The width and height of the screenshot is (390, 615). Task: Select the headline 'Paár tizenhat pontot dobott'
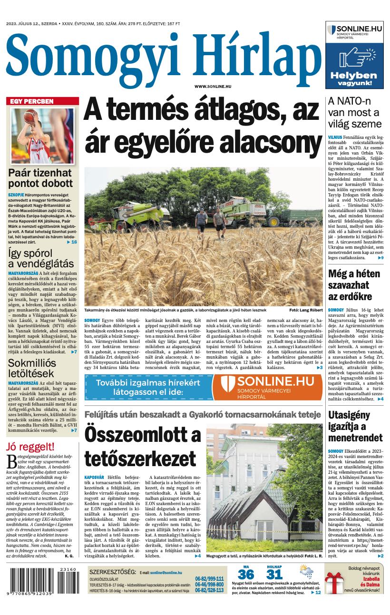coord(40,178)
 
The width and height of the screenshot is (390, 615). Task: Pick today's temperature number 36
coord(246,575)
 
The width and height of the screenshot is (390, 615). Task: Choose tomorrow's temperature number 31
coord(274,575)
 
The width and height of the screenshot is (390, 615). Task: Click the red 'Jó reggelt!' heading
coord(30,447)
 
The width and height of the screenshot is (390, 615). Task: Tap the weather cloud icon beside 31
coord(306,572)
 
